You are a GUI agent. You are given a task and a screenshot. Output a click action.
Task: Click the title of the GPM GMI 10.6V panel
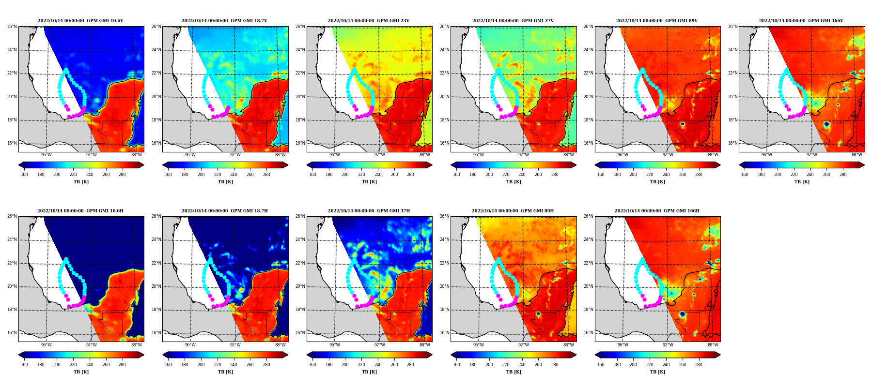pos(80,21)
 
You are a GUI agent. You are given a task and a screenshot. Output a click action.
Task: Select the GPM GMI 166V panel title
pos(801,21)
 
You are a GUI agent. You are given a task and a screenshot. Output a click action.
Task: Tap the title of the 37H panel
pos(369,211)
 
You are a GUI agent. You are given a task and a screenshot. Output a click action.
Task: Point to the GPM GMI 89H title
pos(513,211)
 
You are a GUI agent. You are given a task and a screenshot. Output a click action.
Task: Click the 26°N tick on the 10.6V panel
pos(12,27)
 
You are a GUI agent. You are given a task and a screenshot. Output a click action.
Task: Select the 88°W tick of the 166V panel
pos(856,155)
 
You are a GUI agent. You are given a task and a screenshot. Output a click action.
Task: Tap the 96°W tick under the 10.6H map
pos(46,345)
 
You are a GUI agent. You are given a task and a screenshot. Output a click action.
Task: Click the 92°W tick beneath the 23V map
pos(379,155)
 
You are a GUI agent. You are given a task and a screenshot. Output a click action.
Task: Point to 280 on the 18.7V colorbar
pos(266,175)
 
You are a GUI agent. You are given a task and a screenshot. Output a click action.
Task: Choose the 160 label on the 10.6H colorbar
pos(24,365)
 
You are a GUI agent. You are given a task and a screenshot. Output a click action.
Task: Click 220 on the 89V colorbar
pos(650,175)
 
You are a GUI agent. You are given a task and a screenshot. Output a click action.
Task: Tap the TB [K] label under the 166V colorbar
pos(802,182)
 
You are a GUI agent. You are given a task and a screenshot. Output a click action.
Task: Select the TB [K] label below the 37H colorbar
pos(369,372)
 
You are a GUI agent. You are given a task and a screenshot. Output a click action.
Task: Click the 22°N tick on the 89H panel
pos(444,263)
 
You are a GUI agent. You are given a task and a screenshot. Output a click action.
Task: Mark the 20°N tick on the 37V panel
pos(444,97)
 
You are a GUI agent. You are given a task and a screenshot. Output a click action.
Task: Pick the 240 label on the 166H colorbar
pos(666,365)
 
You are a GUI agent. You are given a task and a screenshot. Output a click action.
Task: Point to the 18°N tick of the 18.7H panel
pos(156,310)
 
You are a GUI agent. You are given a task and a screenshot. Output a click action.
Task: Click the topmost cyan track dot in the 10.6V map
pos(66,70)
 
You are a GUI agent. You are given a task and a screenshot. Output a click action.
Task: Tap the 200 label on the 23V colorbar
pos(345,175)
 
